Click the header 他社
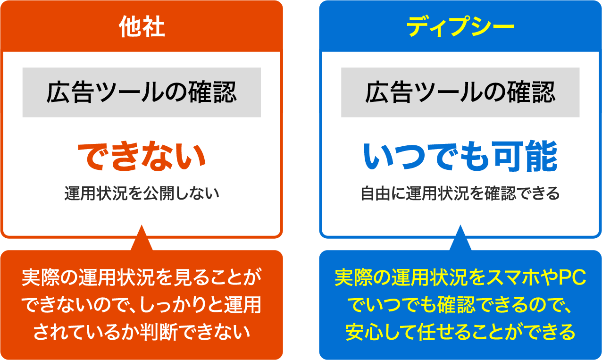[142, 27]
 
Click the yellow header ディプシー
[460, 27]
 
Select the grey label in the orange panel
[142, 92]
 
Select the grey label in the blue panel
[460, 92]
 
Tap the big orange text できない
[142, 157]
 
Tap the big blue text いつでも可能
[460, 157]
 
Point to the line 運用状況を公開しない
[142, 193]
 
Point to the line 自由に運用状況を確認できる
[460, 193]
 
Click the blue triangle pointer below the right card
[460, 240]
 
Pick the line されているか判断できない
[142, 332]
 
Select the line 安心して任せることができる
[460, 332]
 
